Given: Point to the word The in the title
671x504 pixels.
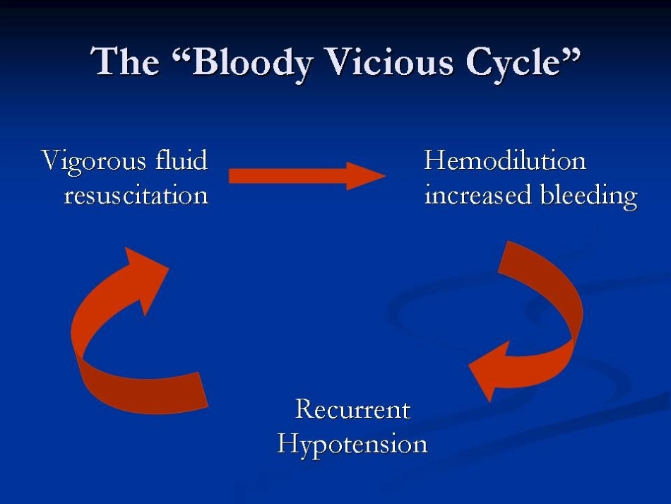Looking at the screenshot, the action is pyautogui.click(x=125, y=61).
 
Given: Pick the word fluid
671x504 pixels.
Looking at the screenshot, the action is pyautogui.click(x=182, y=160).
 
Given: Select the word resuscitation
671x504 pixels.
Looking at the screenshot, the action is pyautogui.click(x=136, y=195).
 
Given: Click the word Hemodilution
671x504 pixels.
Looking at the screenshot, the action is pyautogui.click(x=505, y=160).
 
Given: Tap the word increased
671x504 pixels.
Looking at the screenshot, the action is pyautogui.click(x=478, y=195).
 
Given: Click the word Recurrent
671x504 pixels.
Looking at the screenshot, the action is pyautogui.click(x=353, y=409).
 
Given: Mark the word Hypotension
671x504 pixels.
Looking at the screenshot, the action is pyautogui.click(x=352, y=444).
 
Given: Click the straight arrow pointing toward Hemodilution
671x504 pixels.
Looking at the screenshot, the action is pyautogui.click(x=307, y=176).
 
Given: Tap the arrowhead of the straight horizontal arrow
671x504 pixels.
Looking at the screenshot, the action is pyautogui.click(x=366, y=176).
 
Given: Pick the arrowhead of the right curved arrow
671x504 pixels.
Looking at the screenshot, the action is pyautogui.click(x=490, y=370).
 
